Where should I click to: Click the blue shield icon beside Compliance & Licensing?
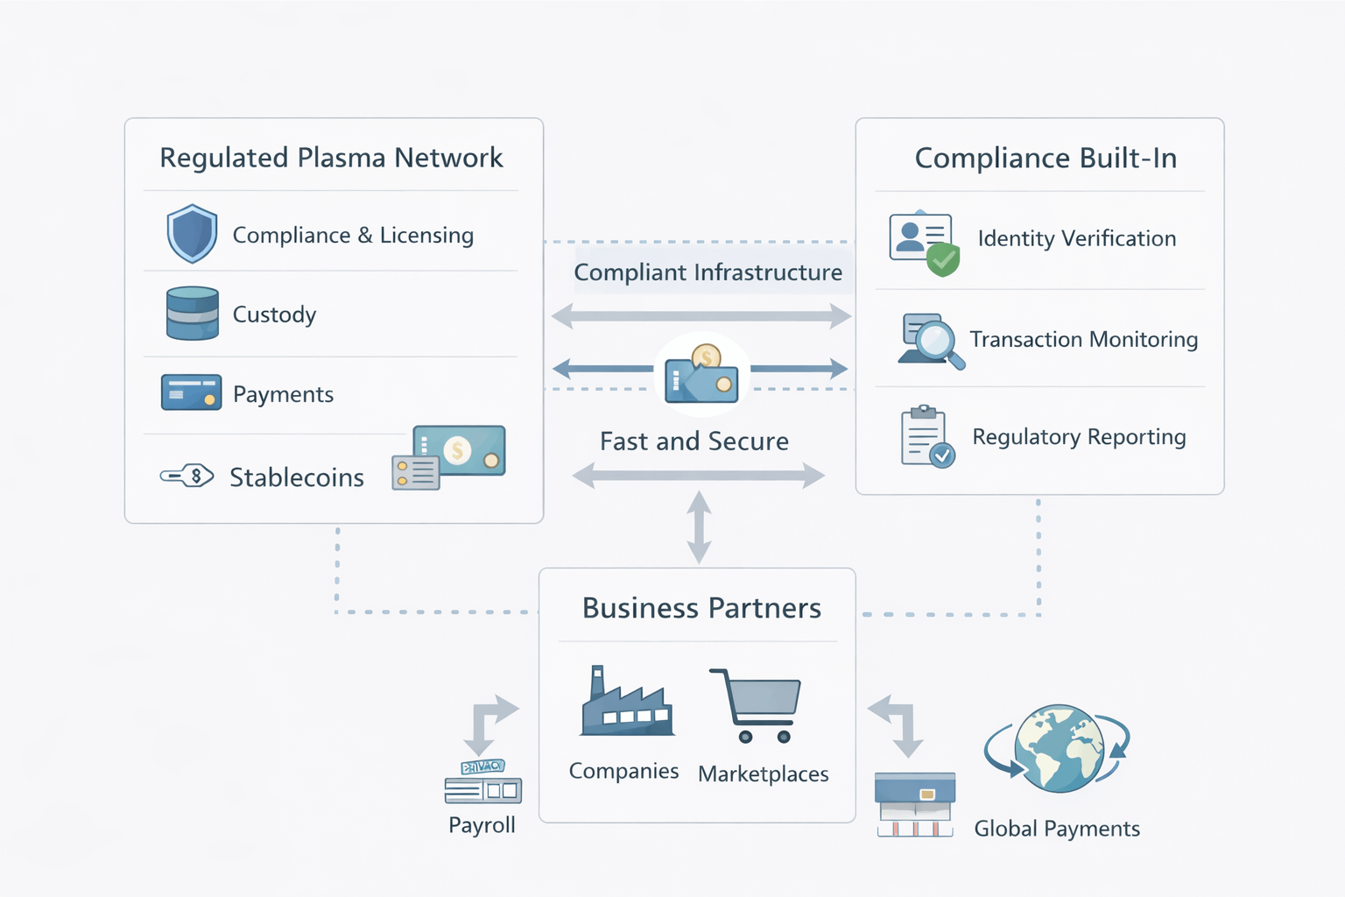pos(192,234)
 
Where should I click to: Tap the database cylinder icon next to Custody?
pos(192,313)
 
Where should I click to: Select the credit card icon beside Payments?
pos(191,392)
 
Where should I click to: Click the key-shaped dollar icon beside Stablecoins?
pos(187,477)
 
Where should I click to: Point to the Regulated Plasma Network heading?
pos(331,158)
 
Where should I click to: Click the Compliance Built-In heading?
pos(1046,158)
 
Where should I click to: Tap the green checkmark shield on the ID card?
pos(943,259)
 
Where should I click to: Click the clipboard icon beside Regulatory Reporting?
pos(925,436)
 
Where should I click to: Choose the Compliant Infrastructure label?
pos(708,272)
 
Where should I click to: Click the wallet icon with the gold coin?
pos(701,378)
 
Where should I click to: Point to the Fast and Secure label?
pos(694,441)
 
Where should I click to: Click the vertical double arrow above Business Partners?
pos(699,527)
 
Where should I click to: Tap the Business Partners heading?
pos(701,608)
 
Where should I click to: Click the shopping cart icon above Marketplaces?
pos(757,706)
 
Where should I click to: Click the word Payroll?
pos(482,825)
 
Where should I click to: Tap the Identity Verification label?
pos(1076,238)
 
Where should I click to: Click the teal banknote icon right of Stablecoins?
pos(459,451)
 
